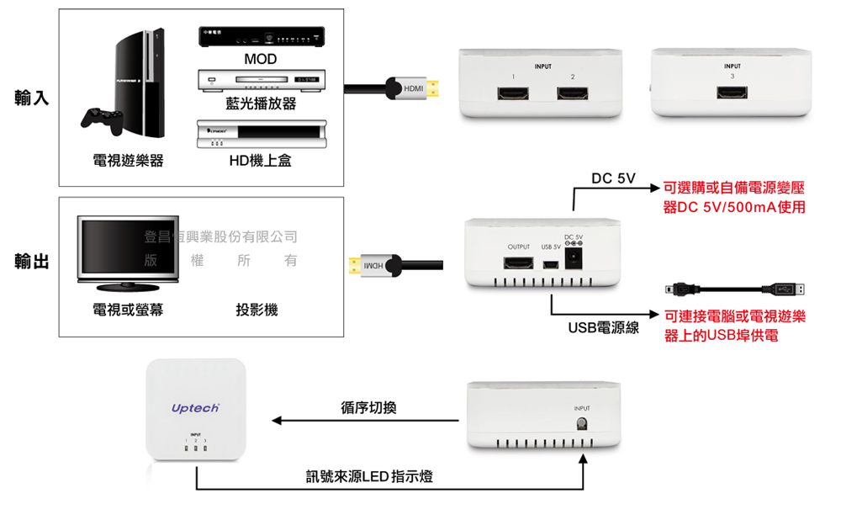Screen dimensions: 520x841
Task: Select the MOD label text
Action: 260,60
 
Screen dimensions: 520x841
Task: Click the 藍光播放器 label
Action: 261,103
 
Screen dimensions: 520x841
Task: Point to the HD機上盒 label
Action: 260,161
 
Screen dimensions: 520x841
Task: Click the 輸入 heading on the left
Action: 32,98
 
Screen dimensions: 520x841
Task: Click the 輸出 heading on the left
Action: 32,263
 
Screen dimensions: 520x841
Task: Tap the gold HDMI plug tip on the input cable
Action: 434,88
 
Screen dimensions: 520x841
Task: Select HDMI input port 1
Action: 512,93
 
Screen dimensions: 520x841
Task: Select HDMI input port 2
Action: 572,93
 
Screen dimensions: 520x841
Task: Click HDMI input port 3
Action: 732,93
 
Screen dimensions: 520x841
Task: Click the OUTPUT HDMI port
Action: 518,263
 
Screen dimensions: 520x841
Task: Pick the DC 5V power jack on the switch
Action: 575,260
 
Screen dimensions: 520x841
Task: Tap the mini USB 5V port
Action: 551,264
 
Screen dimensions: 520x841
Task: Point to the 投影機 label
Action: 257,310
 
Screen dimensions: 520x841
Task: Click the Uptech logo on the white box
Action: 195,408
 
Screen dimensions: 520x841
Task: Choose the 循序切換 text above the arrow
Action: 368,408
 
